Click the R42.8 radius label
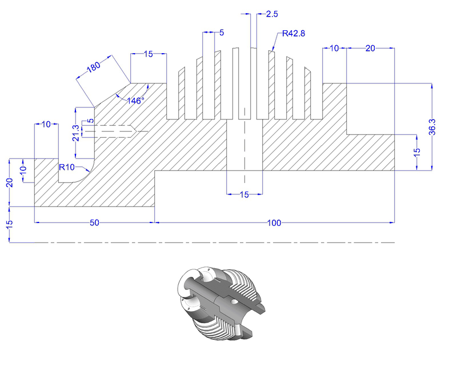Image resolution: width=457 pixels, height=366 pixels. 292,34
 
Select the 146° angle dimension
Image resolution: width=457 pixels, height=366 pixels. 135,100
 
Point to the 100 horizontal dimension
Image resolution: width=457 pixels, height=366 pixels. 274,223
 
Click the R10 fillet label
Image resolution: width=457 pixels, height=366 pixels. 68,167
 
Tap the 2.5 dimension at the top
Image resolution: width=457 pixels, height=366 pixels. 272,13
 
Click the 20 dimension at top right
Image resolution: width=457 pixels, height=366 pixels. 370,49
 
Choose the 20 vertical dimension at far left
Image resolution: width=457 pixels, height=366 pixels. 10,183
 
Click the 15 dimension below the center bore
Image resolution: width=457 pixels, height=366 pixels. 244,195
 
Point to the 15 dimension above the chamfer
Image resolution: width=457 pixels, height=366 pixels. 148,54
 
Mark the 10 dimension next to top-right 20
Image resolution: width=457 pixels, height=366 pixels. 335,49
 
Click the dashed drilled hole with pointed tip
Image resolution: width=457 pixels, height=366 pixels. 111,132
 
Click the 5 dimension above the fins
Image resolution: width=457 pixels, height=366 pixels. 221,33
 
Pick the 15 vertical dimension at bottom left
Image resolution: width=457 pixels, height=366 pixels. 10,226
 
